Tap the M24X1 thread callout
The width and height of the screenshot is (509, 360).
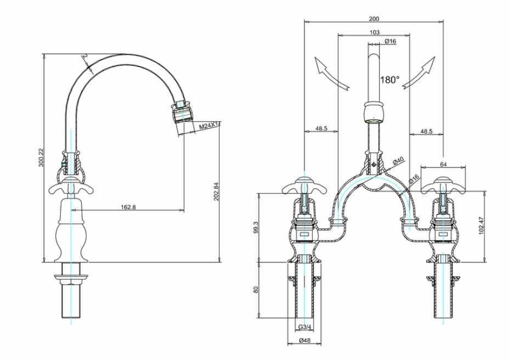click(209, 126)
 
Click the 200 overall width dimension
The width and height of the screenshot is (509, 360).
click(374, 19)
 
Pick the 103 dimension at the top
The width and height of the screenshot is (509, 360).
click(374, 32)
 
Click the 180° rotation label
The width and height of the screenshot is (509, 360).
click(389, 80)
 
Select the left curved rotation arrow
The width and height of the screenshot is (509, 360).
click(331, 74)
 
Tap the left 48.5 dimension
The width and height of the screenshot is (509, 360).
click(321, 129)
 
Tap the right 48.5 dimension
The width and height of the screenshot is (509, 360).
click(426, 132)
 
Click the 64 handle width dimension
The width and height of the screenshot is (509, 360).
click(443, 164)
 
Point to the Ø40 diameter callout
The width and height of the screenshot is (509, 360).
click(399, 160)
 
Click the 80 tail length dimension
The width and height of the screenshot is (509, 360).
click(255, 289)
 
